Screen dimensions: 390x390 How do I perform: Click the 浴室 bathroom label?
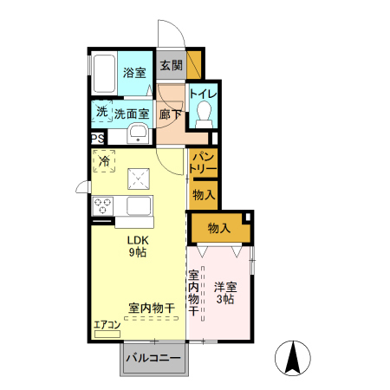pyautogui.click(x=133, y=73)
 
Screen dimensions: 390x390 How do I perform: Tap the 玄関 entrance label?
pyautogui.click(x=172, y=65)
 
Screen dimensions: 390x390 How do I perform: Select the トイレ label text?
pyautogui.click(x=204, y=94)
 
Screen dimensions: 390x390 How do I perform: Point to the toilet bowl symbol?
pyautogui.click(x=205, y=114)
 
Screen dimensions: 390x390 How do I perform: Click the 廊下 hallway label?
pyautogui.click(x=171, y=113)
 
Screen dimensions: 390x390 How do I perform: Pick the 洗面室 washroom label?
pyautogui.click(x=132, y=113)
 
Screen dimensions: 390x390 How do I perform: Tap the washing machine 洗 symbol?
pyautogui.click(x=101, y=112)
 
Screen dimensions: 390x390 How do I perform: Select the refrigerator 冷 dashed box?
pyautogui.click(x=104, y=161)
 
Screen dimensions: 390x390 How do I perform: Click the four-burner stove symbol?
pyautogui.click(x=103, y=206)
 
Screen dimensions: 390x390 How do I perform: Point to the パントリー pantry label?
pyautogui.click(x=204, y=160)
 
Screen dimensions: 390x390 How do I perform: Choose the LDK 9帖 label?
pyautogui.click(x=139, y=246)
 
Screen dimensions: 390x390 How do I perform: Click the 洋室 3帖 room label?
pyautogui.click(x=224, y=292)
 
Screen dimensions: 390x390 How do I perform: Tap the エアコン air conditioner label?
pyautogui.click(x=107, y=325)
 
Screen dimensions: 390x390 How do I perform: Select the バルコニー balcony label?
pyautogui.click(x=153, y=358)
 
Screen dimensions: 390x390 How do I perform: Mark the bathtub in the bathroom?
pyautogui.click(x=103, y=75)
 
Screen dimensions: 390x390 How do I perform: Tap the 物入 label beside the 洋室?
pyautogui.click(x=218, y=228)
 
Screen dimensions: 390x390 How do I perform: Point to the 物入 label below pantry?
pyautogui.click(x=204, y=195)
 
